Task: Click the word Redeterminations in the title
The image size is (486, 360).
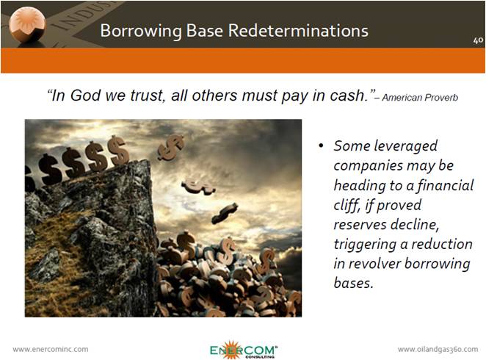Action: [x=298, y=31]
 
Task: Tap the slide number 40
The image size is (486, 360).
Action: [x=478, y=40]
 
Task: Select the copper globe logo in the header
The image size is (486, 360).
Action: [x=27, y=25]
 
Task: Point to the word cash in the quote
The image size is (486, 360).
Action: [x=348, y=95]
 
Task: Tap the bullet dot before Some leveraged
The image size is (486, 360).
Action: [x=321, y=145]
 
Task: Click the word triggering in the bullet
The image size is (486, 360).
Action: [x=365, y=245]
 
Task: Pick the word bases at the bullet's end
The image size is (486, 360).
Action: [x=353, y=282]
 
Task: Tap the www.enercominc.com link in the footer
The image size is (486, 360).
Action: [x=51, y=349]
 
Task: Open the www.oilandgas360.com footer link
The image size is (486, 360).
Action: [x=438, y=349]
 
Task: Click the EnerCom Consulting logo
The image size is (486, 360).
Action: [x=243, y=350]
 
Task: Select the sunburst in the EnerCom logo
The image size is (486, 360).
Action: [x=231, y=350]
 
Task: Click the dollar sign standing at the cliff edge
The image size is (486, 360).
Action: [x=118, y=151]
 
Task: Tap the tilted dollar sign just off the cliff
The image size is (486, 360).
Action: [x=170, y=147]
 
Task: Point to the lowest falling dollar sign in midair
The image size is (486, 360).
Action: [x=225, y=213]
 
